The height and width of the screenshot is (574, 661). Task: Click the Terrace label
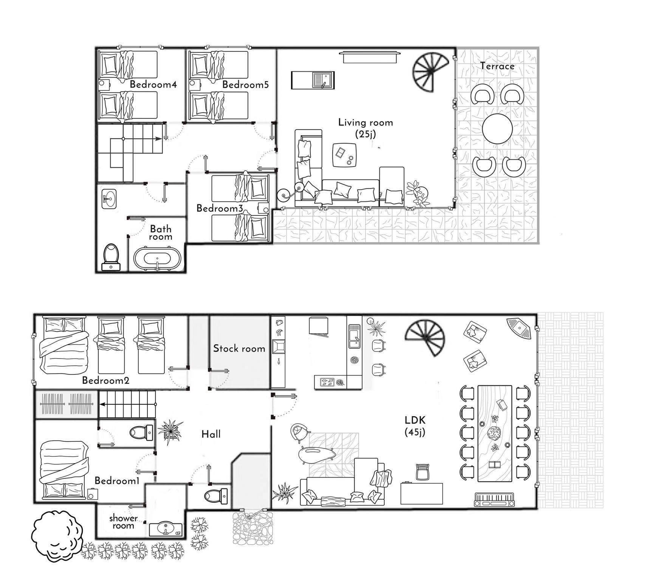pyautogui.click(x=497, y=66)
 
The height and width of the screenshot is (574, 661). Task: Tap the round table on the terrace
pyautogui.click(x=497, y=128)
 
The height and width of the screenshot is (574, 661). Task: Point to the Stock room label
pyautogui.click(x=239, y=348)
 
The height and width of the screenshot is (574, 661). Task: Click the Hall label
pyautogui.click(x=211, y=434)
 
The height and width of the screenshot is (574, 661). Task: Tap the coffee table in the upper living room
pyautogui.click(x=344, y=155)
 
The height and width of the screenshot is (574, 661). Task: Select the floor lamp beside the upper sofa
pyautogui.click(x=291, y=191)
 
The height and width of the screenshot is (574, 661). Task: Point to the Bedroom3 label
pyautogui.click(x=220, y=208)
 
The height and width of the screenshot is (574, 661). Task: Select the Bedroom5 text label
pyautogui.click(x=246, y=84)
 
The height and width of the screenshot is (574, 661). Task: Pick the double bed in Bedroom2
pyautogui.click(x=63, y=344)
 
